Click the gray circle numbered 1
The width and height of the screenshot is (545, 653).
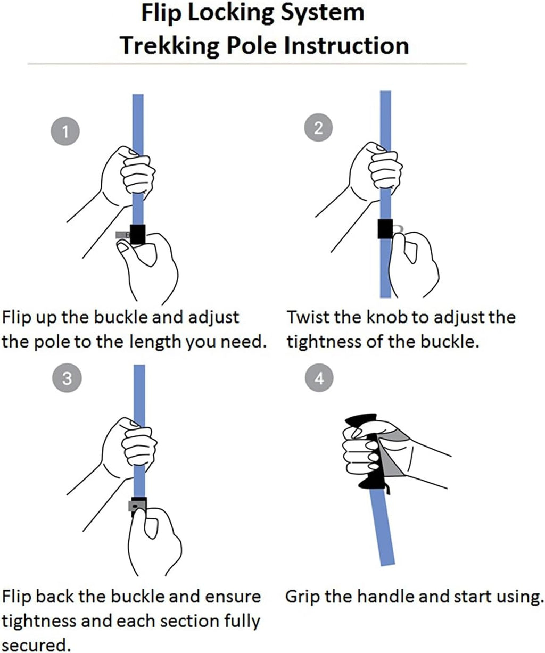click(65, 131)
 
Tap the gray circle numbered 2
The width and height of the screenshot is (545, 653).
click(318, 128)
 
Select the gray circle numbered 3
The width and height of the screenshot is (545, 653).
click(67, 378)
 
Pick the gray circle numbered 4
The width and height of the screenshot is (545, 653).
click(319, 378)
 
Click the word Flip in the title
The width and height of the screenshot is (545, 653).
click(161, 14)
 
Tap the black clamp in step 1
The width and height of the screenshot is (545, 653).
click(138, 234)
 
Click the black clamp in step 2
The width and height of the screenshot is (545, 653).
click(385, 229)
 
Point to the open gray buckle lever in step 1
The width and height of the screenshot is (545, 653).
click(122, 235)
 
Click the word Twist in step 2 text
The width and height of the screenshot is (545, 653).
click(308, 317)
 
